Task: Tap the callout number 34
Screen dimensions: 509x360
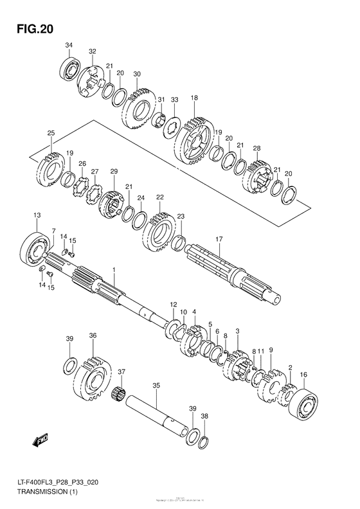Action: (x=69, y=44)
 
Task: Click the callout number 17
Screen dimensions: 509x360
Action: (x=219, y=239)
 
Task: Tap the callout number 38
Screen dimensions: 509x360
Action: (x=204, y=416)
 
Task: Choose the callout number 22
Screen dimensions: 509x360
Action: (x=159, y=197)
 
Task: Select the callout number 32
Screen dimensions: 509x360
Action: (x=93, y=51)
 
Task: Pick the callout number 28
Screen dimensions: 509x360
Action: (x=256, y=148)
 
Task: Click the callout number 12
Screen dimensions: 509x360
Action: (x=173, y=303)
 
